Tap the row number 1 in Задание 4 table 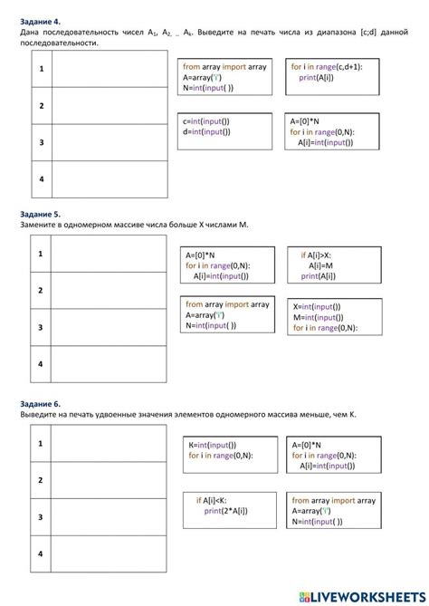coord(41,70)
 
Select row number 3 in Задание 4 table coord(41,142)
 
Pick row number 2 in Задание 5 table coord(41,290)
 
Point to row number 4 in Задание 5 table coord(41,363)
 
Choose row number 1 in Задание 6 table coord(41,444)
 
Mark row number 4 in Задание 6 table coord(41,553)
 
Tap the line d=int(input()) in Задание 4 coord(206,131)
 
